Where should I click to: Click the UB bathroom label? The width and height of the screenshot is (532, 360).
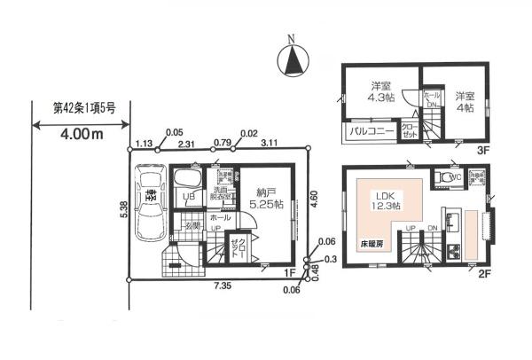pos(188,196)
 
